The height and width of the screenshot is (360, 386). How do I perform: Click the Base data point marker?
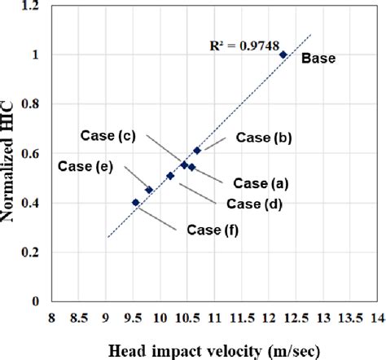pos(283,55)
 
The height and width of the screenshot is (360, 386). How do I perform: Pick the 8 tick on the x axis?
pos(52,316)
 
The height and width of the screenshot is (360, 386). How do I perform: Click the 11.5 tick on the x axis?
pos(241,316)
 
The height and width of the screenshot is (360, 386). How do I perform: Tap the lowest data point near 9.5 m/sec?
pos(135,202)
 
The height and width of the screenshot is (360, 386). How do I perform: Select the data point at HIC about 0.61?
pos(197,151)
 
